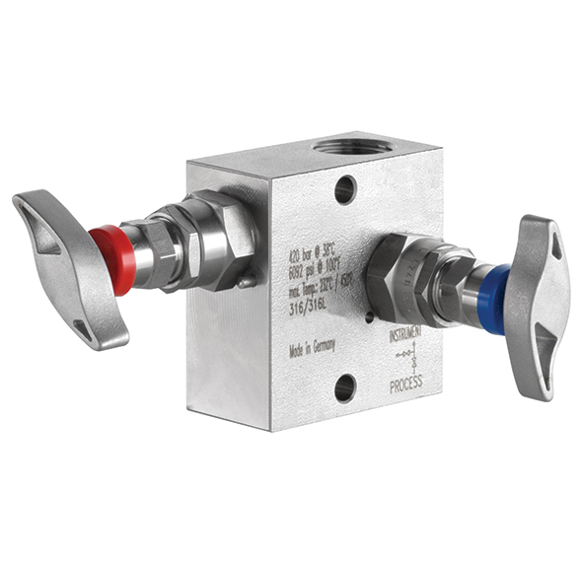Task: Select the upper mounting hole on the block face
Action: pos(345,188)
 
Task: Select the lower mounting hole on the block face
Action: pos(345,387)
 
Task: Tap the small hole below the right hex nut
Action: pos(370,316)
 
